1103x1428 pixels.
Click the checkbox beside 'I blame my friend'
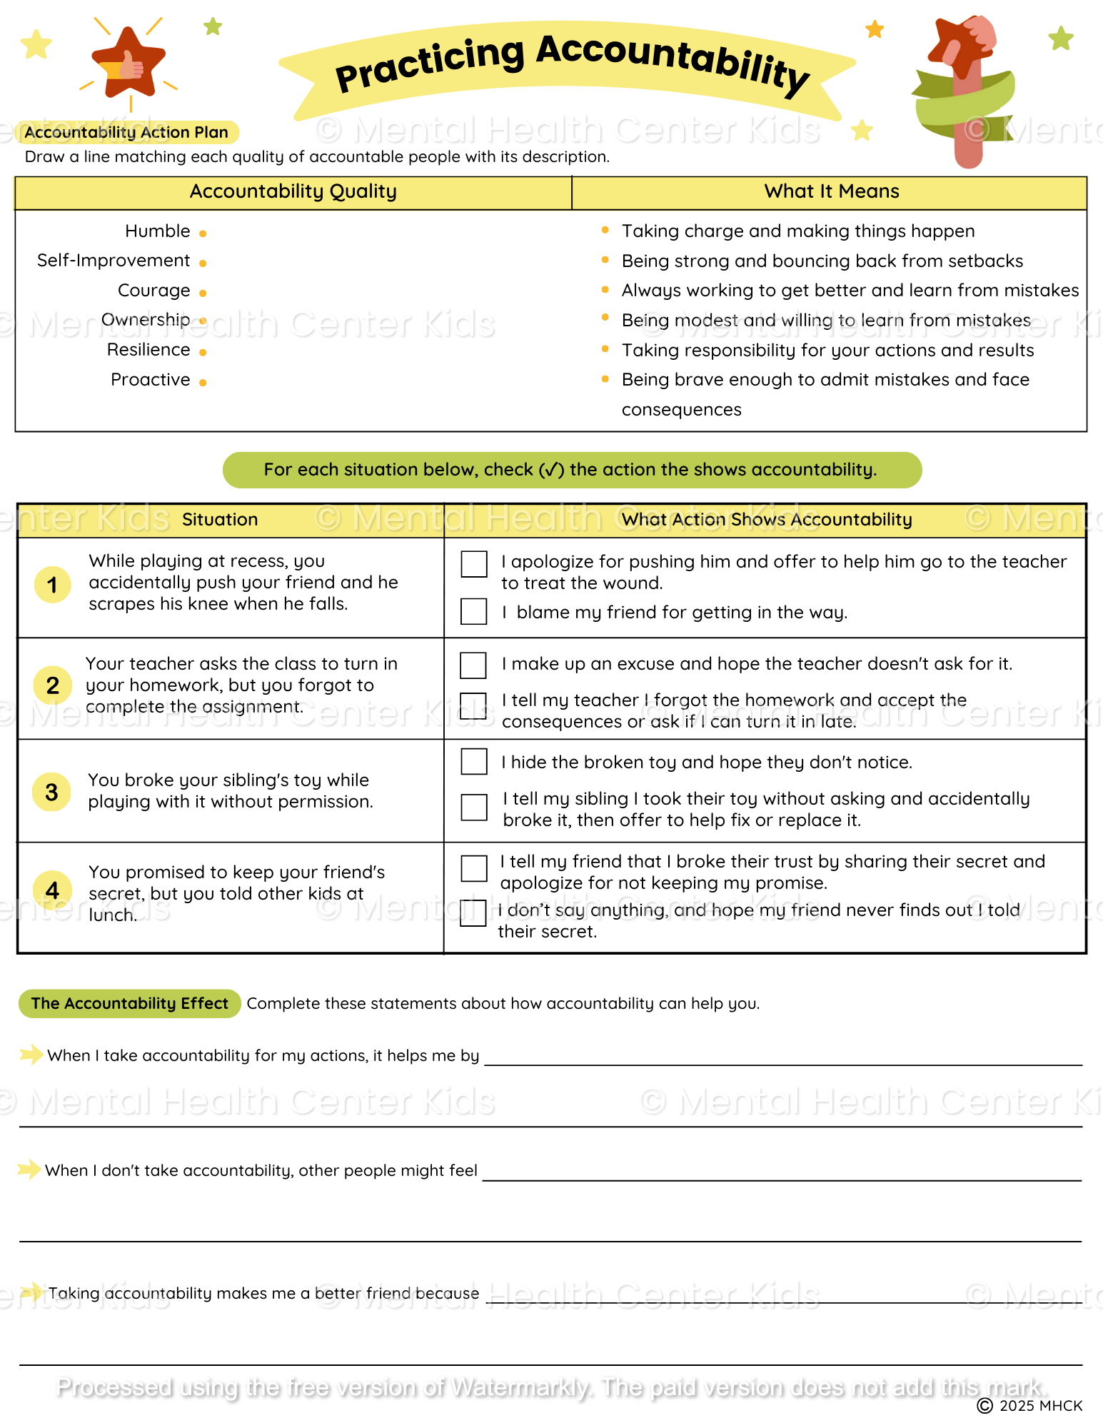(x=474, y=611)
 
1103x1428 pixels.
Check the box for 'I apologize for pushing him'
(x=474, y=563)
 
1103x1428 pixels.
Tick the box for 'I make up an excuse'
(x=473, y=665)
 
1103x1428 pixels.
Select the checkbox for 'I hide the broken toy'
(x=474, y=761)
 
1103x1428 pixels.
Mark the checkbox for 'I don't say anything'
(x=473, y=912)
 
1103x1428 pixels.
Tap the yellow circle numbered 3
(x=52, y=792)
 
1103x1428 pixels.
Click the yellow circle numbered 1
(x=52, y=585)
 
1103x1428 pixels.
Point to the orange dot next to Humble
(x=203, y=233)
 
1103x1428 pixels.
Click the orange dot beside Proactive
(x=203, y=383)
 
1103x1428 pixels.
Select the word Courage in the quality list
(x=153, y=291)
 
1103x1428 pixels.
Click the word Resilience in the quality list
(x=148, y=350)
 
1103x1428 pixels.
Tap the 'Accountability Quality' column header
(x=293, y=191)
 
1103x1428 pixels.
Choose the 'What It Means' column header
(x=831, y=191)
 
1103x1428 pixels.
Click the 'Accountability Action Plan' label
(x=126, y=132)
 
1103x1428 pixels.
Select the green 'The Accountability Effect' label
(x=129, y=1003)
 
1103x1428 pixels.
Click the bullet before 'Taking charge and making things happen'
(x=605, y=230)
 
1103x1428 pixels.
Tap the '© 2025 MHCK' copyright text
(x=1029, y=1406)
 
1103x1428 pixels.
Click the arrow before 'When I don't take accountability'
(x=29, y=1169)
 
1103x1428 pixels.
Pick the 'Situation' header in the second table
(x=220, y=520)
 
